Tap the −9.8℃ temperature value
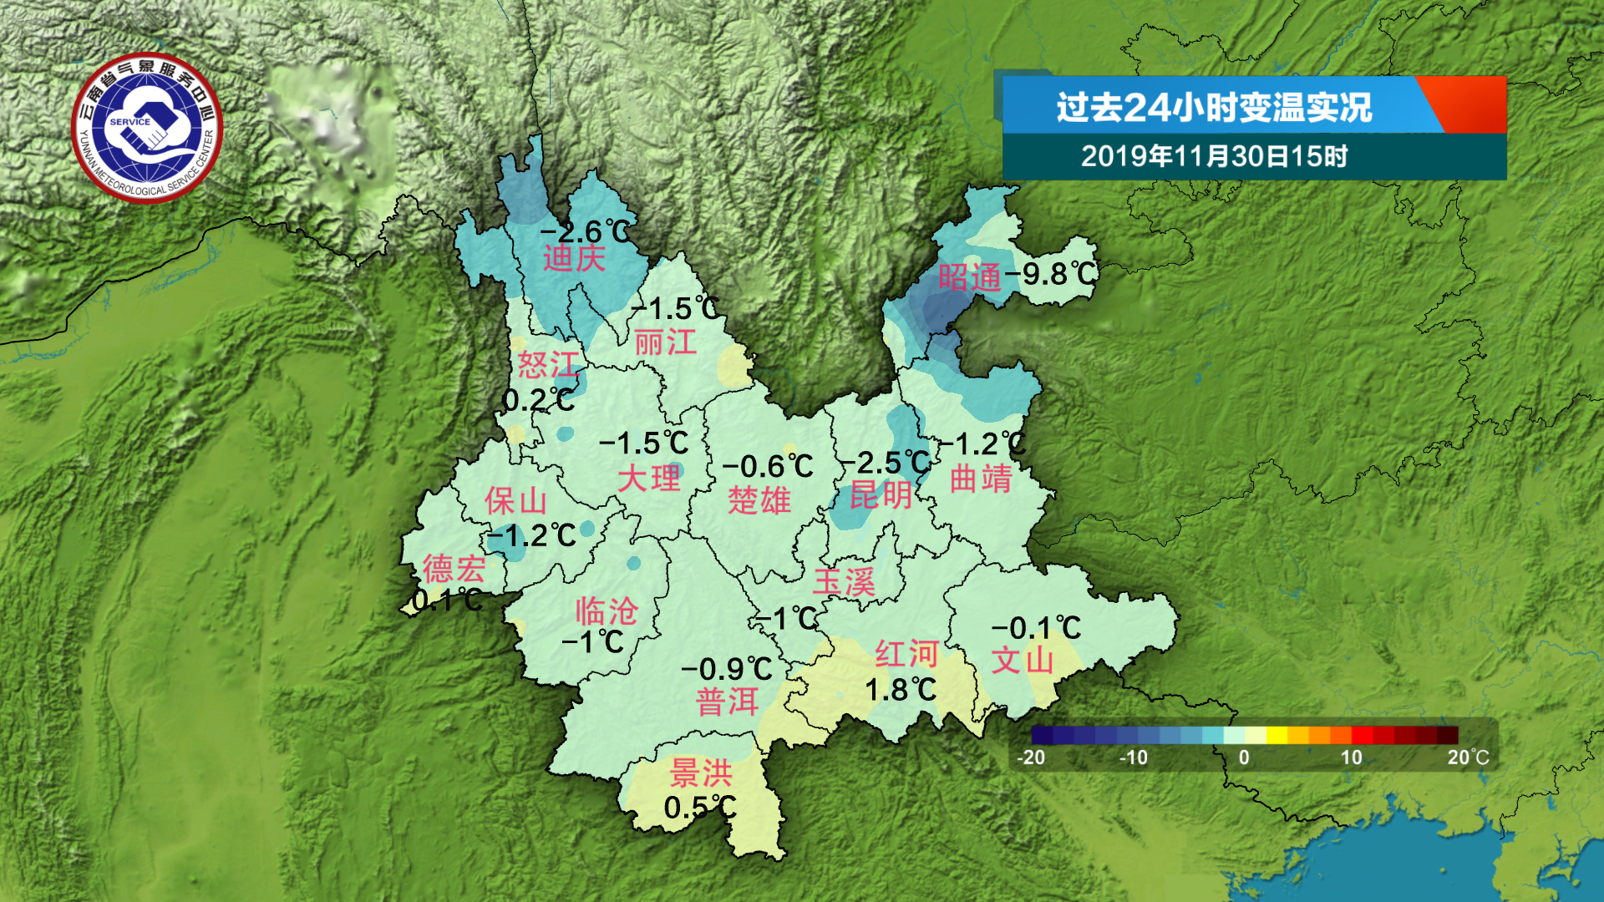[x=1051, y=273]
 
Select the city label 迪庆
[x=574, y=259]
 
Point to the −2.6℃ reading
[x=586, y=232]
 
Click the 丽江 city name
[x=665, y=342]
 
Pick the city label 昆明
[x=881, y=495]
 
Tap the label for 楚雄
[x=759, y=500]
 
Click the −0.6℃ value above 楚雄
[x=768, y=466]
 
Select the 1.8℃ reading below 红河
[x=901, y=690]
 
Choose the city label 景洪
[x=701, y=773]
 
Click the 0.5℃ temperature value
[x=700, y=808]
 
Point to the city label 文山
[x=1023, y=661]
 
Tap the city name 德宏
[x=454, y=570]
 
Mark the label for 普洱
[x=727, y=702]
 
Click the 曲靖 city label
[x=981, y=479]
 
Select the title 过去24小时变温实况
[x=1214, y=107]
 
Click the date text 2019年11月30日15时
[x=1214, y=156]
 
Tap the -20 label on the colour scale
[x=1031, y=758]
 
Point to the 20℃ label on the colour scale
[x=1468, y=758]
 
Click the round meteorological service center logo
[x=148, y=128]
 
